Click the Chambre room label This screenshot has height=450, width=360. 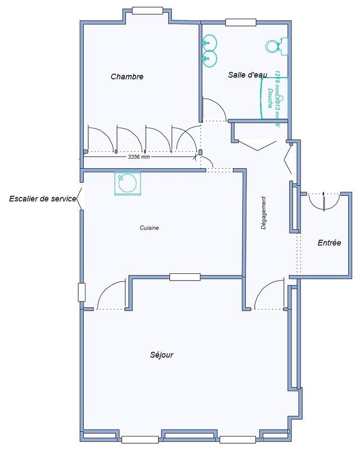(x=127, y=76)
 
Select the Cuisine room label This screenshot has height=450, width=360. (x=150, y=228)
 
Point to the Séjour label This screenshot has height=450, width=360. (x=161, y=355)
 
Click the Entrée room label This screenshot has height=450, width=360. (x=329, y=243)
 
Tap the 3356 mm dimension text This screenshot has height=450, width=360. (x=139, y=157)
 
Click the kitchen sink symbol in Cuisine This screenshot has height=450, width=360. (x=126, y=183)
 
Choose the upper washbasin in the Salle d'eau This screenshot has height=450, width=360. (x=209, y=40)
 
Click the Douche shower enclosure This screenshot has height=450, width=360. (x=274, y=98)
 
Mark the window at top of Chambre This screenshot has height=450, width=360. (x=147, y=10)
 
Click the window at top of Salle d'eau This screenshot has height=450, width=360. (x=240, y=22)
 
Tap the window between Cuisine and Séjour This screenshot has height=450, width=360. (x=185, y=276)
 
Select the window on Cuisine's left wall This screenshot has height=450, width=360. (x=82, y=292)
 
